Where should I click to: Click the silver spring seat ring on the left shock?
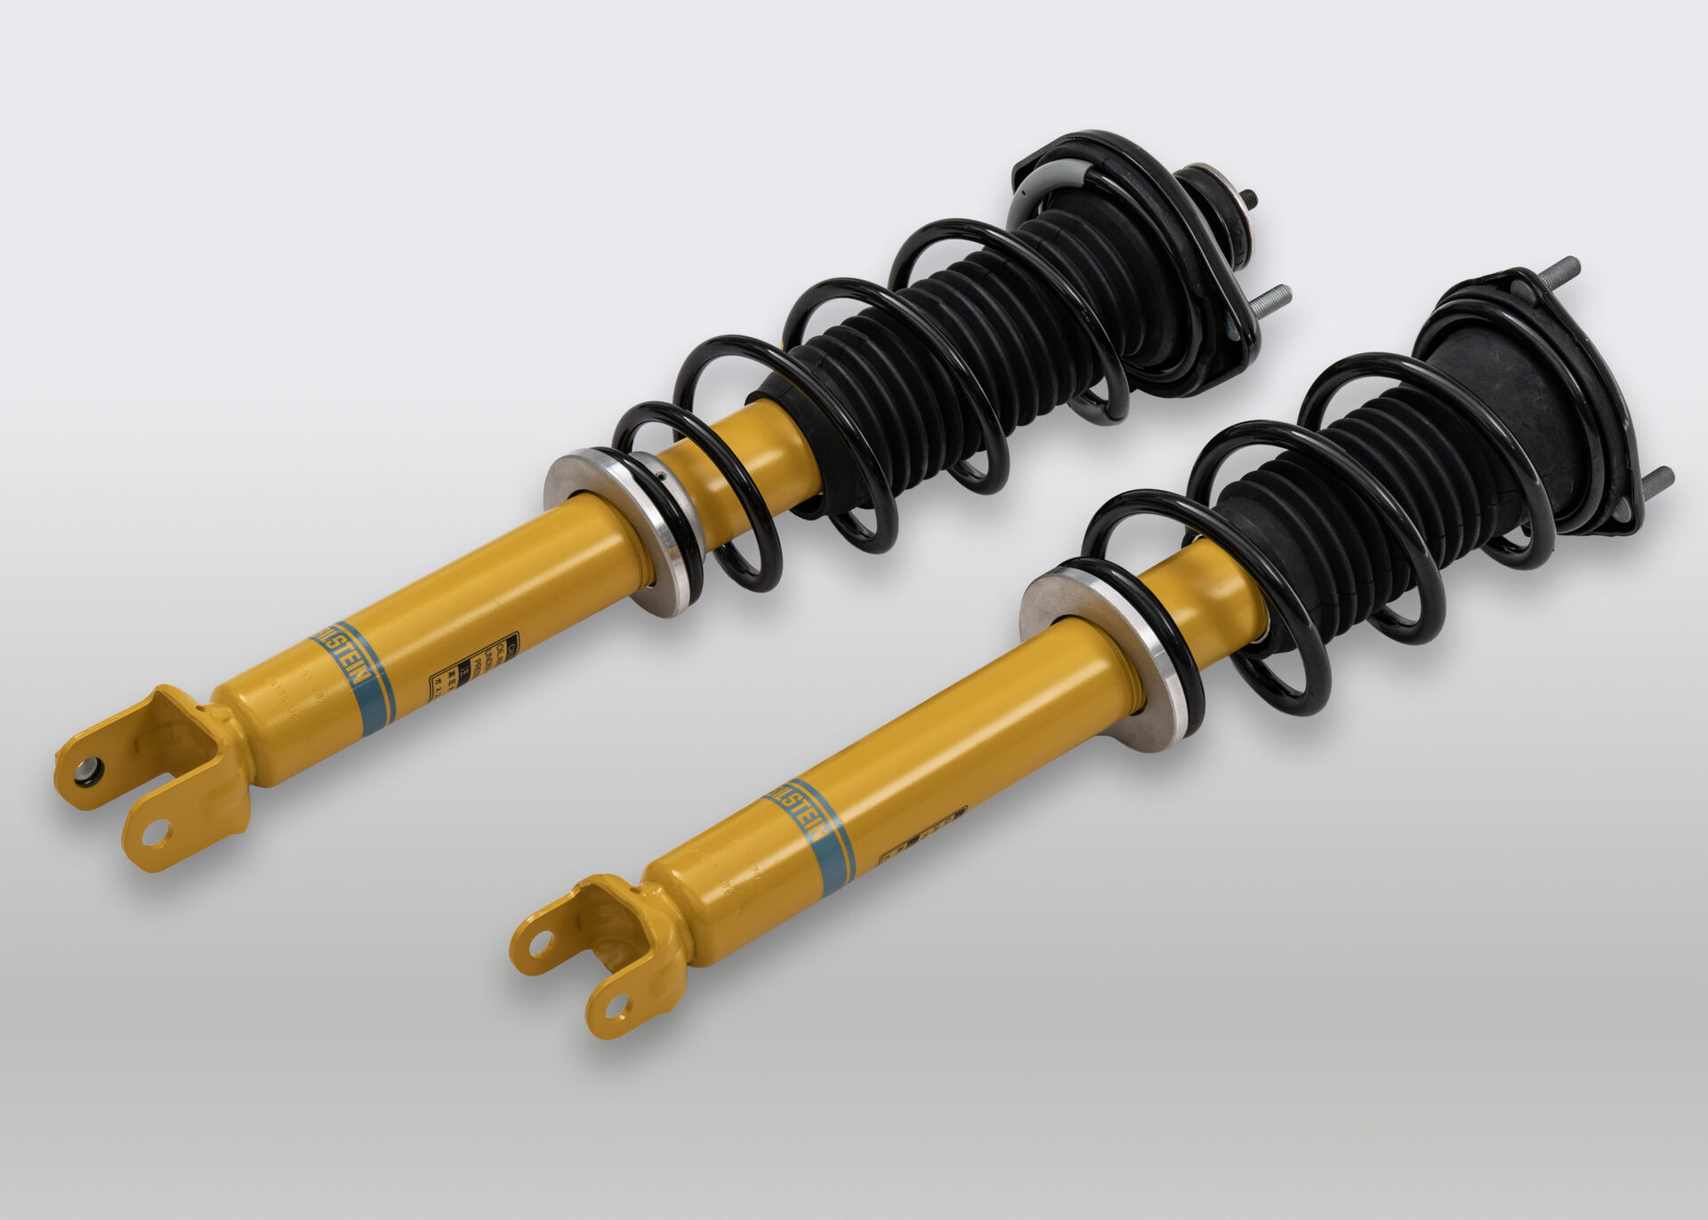click(x=623, y=534)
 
